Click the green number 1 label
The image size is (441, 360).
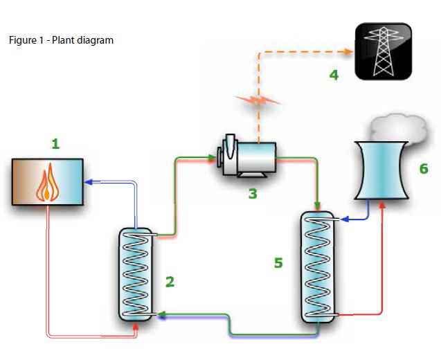click(x=55, y=144)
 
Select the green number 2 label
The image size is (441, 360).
click(x=170, y=281)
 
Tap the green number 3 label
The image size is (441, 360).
click(x=253, y=194)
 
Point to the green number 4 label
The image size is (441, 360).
click(x=334, y=74)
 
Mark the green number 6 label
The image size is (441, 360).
click(x=424, y=168)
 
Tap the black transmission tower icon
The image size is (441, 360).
click(x=384, y=51)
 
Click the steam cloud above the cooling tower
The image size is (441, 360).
click(x=396, y=128)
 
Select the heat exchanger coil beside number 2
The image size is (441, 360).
click(x=136, y=274)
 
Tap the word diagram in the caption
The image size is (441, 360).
click(x=98, y=40)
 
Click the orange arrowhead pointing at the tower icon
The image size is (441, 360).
click(x=348, y=51)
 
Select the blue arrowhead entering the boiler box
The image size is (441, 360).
click(x=88, y=182)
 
